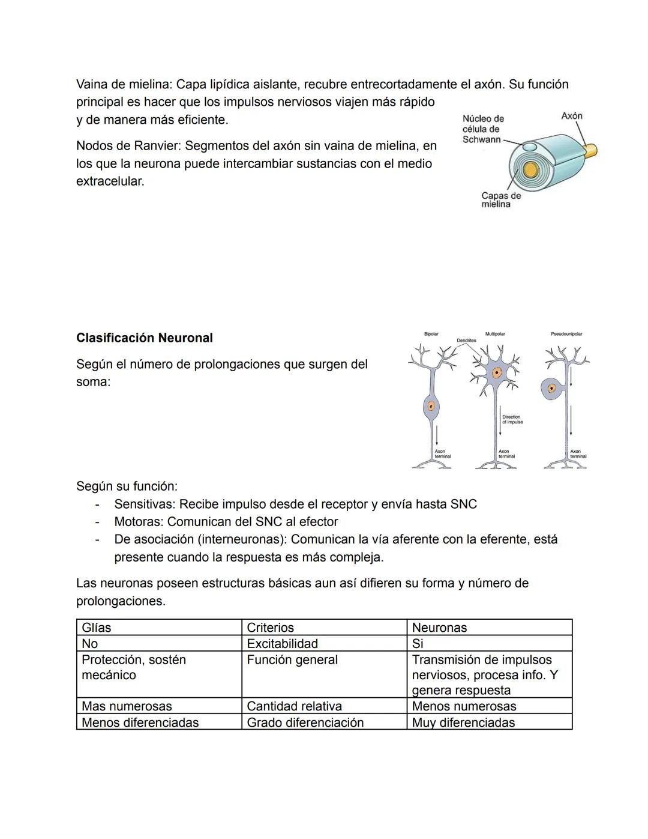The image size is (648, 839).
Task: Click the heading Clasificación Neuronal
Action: [144, 338]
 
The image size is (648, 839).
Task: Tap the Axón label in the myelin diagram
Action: [571, 116]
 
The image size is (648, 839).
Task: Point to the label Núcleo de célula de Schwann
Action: [482, 129]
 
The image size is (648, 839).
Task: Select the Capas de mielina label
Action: [500, 200]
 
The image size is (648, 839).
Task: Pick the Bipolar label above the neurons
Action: [431, 334]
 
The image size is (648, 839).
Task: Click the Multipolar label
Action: [495, 334]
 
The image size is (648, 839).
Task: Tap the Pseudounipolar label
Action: [566, 334]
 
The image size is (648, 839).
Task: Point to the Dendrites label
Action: [466, 341]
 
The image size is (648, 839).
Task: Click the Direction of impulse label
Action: [512, 419]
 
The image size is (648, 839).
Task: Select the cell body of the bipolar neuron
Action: [430, 407]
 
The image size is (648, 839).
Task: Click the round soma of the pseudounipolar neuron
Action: [551, 389]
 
